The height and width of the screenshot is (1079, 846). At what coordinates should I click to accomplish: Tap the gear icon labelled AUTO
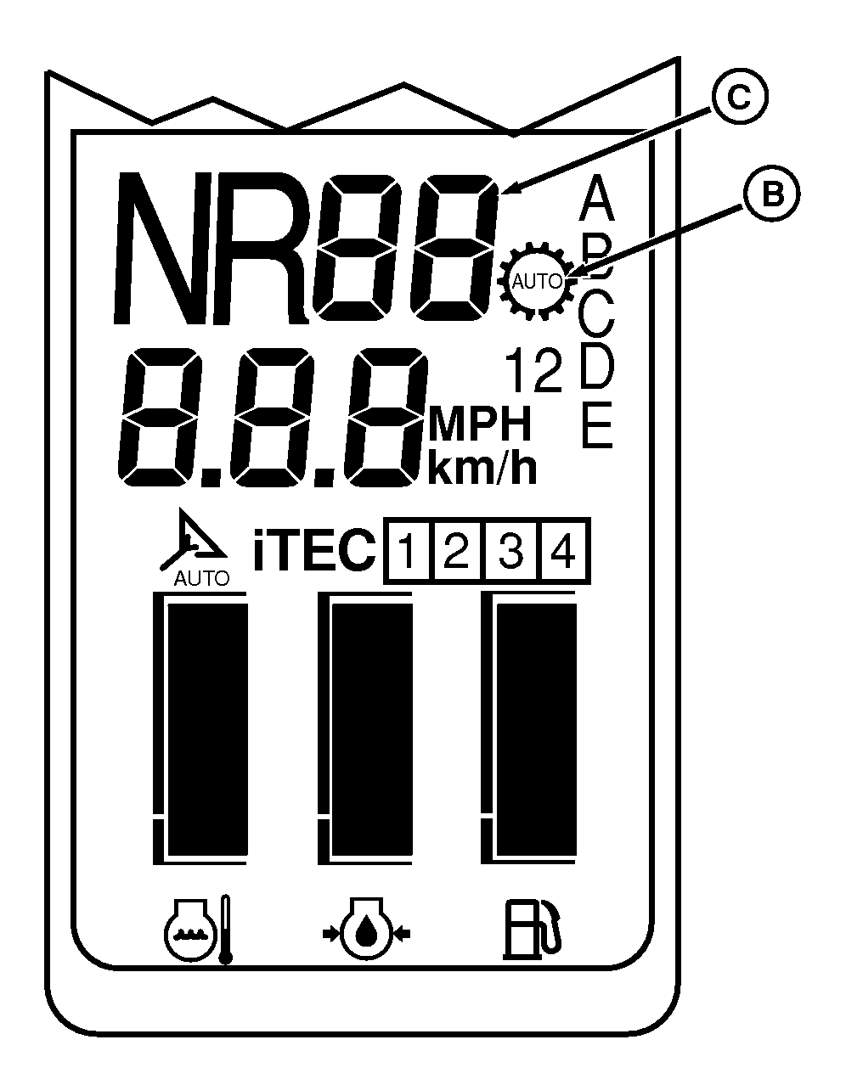[x=538, y=282]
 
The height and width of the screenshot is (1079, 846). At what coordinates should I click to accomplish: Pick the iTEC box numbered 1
[x=409, y=551]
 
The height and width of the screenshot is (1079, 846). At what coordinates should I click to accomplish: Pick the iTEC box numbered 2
[x=459, y=551]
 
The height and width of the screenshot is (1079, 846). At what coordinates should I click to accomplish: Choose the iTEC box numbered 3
[x=512, y=551]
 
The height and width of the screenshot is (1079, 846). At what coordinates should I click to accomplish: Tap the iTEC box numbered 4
[x=566, y=551]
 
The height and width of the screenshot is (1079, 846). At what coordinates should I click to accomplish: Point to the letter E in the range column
[x=596, y=425]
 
